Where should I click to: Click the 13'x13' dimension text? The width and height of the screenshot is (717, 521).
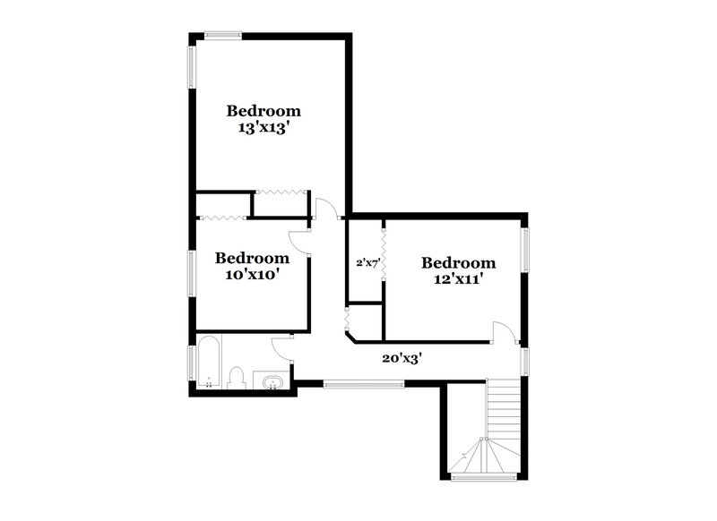pyautogui.click(x=263, y=128)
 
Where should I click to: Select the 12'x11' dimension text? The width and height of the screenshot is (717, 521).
pyautogui.click(x=458, y=279)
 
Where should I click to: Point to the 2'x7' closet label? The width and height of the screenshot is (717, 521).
pyautogui.click(x=368, y=263)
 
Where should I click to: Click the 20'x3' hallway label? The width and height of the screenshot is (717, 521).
pyautogui.click(x=402, y=358)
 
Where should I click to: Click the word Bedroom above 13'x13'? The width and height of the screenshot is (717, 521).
pyautogui.click(x=263, y=111)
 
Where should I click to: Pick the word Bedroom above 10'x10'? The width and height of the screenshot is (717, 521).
pyautogui.click(x=252, y=258)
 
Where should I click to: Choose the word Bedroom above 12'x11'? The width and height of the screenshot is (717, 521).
pyautogui.click(x=458, y=262)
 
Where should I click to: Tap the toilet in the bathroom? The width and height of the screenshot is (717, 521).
pyautogui.click(x=237, y=378)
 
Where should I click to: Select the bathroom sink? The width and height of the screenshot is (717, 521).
pyautogui.click(x=272, y=382)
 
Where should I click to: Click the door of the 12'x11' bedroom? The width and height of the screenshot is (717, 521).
pyautogui.click(x=505, y=330)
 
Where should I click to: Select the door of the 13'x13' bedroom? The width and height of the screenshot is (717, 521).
pyautogui.click(x=326, y=209)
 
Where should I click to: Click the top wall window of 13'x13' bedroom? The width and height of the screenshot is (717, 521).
pyautogui.click(x=222, y=36)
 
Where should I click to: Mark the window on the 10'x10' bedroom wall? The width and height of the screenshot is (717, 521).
pyautogui.click(x=191, y=272)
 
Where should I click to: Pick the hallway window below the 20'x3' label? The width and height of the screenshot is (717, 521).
pyautogui.click(x=363, y=385)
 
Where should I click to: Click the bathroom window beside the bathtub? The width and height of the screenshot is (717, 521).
pyautogui.click(x=191, y=363)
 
